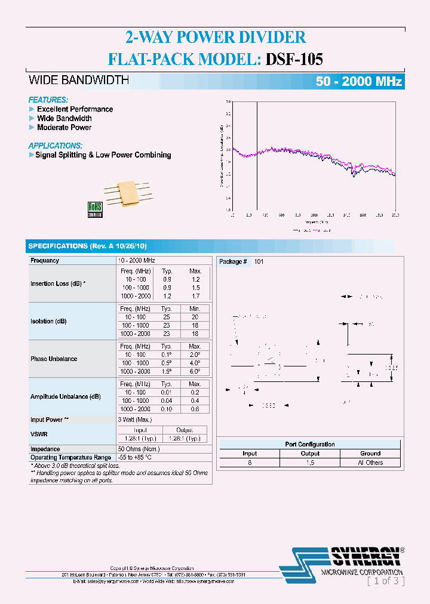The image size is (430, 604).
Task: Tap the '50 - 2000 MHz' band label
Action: point(358,82)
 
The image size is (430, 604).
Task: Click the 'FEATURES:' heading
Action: point(48,100)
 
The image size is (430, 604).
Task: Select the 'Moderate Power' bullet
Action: point(64,127)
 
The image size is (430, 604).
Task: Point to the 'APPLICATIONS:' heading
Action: point(55,146)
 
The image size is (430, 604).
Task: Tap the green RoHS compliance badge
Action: point(95,208)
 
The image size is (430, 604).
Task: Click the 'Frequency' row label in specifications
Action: point(45,261)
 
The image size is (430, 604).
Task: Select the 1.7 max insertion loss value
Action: point(195,296)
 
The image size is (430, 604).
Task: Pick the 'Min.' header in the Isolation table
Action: point(195,309)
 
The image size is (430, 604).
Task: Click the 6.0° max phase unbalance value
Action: point(195,372)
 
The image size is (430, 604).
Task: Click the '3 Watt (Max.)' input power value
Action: point(136,420)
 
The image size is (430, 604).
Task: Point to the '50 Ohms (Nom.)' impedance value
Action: point(139,449)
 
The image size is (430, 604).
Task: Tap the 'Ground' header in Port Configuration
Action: point(370,454)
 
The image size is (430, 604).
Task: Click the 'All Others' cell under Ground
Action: point(370,463)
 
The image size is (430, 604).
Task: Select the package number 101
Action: point(259,261)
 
